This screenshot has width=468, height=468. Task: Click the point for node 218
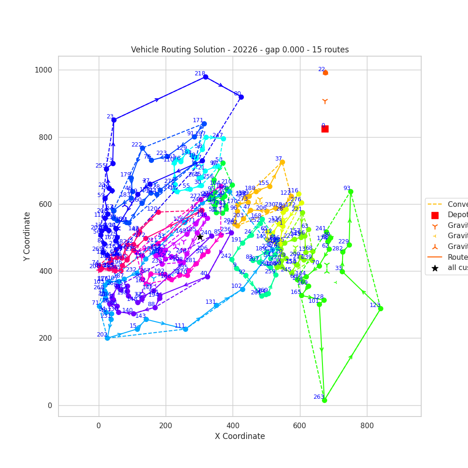click(205, 77)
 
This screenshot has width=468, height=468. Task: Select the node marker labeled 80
click(241, 97)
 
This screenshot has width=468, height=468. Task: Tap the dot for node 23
click(114, 120)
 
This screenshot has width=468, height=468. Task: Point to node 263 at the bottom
click(324, 400)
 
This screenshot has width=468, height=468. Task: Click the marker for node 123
click(380, 308)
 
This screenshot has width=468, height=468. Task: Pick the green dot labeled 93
click(351, 191)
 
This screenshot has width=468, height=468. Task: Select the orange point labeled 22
click(325, 73)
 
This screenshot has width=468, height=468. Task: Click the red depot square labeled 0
click(325, 129)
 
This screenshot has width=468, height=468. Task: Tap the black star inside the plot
click(200, 237)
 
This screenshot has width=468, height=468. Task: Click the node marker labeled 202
click(107, 338)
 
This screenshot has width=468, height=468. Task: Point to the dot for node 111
click(185, 329)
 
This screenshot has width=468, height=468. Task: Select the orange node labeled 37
click(282, 162)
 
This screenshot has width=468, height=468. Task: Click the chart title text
click(240, 50)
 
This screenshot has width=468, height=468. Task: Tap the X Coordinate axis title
click(240, 436)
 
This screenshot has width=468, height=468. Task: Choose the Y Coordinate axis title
click(27, 236)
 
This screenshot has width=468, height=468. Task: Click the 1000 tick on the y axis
click(43, 70)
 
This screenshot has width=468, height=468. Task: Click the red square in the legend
click(435, 215)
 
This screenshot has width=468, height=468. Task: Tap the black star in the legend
click(435, 268)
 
